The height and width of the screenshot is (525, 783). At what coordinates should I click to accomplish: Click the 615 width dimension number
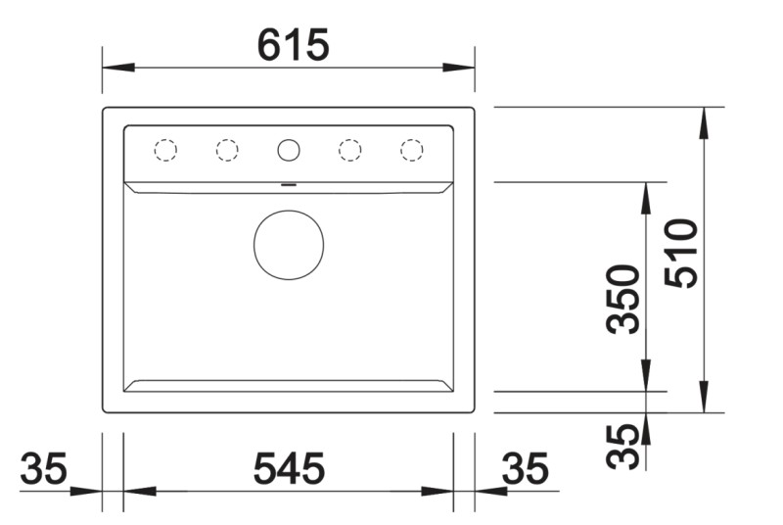[293, 44]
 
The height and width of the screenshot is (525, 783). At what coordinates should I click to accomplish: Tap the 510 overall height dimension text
[681, 253]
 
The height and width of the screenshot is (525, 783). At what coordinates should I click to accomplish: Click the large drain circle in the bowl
[289, 244]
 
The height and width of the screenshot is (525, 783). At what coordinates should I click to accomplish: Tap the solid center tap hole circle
[289, 150]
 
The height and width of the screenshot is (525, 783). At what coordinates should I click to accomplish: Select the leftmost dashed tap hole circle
[165, 150]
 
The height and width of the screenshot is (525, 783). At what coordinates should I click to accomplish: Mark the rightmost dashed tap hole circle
[411, 150]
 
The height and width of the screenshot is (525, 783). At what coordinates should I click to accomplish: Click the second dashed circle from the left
[227, 150]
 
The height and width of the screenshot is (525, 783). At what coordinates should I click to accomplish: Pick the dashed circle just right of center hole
[349, 150]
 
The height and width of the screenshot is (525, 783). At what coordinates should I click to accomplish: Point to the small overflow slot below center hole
[289, 182]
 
